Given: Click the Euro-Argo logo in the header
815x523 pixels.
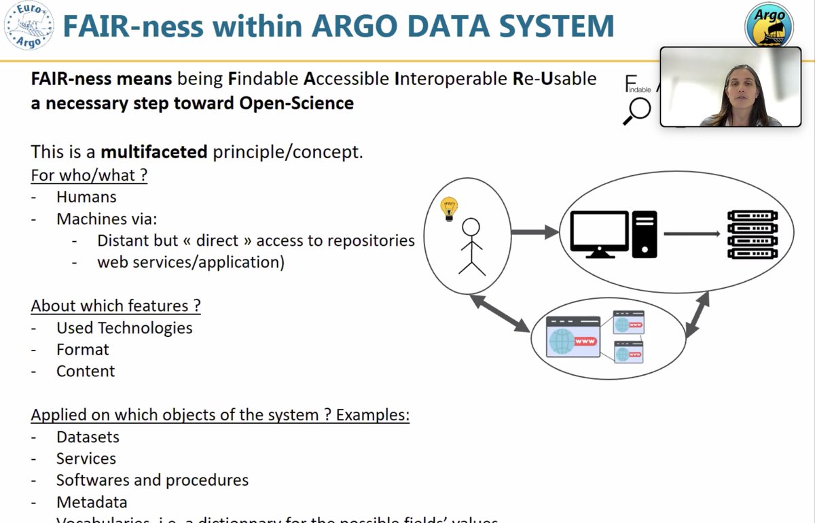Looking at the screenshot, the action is click(x=28, y=26).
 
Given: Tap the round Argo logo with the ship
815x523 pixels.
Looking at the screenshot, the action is click(x=769, y=26).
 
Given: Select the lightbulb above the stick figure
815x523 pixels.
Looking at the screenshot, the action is click(x=449, y=208).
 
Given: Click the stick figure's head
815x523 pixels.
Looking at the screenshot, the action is click(x=471, y=227).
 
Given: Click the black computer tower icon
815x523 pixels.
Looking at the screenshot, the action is click(x=644, y=234).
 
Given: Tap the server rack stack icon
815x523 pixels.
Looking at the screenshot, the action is click(x=752, y=234).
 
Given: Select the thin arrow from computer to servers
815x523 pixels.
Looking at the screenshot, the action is click(x=691, y=234).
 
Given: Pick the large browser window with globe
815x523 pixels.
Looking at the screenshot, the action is click(x=573, y=336).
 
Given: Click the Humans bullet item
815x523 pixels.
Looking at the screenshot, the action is click(x=86, y=197).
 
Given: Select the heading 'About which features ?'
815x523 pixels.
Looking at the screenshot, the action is click(x=115, y=306).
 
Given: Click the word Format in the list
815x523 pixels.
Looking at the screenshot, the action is click(x=82, y=349).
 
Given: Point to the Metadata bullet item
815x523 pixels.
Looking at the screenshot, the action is click(x=92, y=502).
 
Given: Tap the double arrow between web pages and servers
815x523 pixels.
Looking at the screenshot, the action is click(x=698, y=314).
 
